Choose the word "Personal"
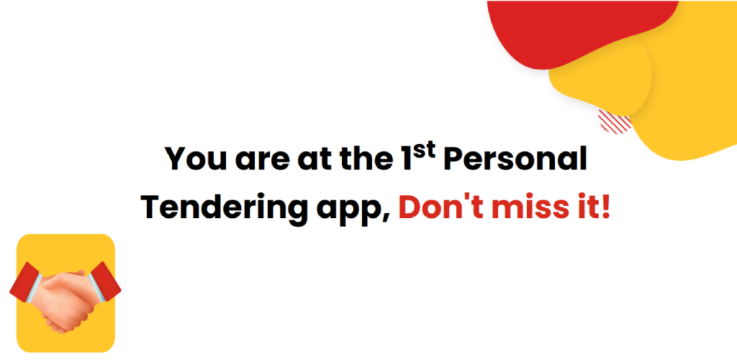(x=515, y=159)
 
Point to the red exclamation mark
(x=605, y=207)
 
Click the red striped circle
(x=615, y=121)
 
